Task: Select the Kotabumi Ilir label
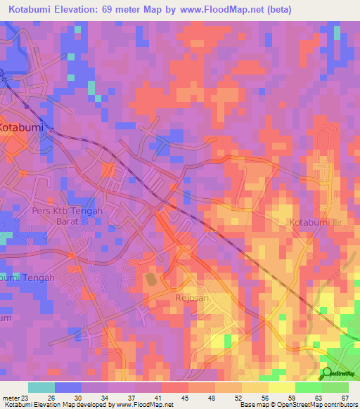click(317, 223)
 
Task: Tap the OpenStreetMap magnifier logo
click(328, 374)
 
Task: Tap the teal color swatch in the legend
click(41, 387)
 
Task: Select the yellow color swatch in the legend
click(281, 387)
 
